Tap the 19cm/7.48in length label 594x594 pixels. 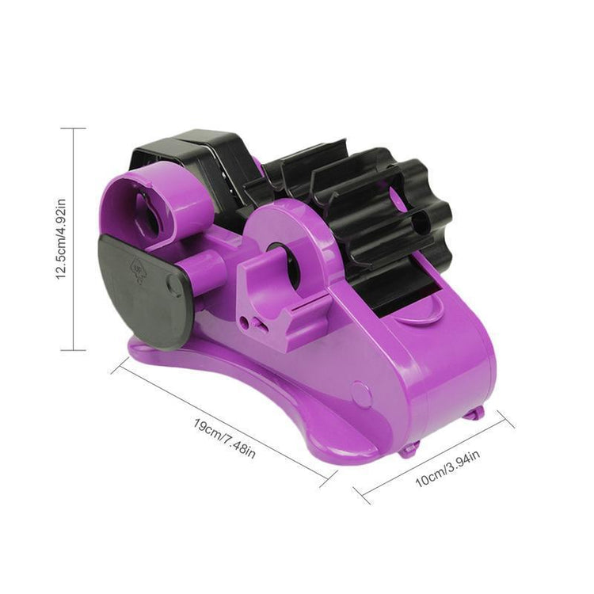tap(225, 437)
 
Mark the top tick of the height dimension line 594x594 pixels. tap(74, 128)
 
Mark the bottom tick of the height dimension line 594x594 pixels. tap(74, 349)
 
